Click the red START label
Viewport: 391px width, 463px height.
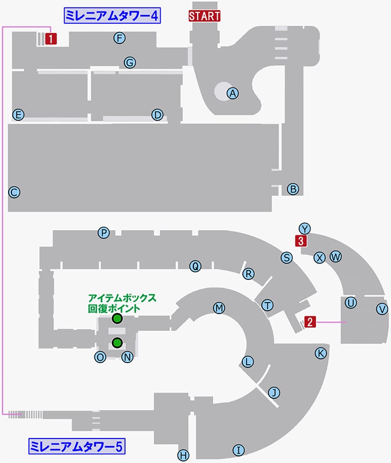(x=205, y=16)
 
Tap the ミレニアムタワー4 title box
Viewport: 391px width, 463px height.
(x=112, y=16)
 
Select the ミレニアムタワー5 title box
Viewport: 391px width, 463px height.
(x=77, y=446)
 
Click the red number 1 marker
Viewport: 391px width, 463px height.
(x=51, y=39)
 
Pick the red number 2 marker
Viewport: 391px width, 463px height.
(x=310, y=322)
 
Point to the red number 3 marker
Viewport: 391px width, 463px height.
(x=301, y=241)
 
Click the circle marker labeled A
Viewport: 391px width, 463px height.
(x=232, y=93)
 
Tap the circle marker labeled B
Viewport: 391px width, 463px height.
(x=293, y=189)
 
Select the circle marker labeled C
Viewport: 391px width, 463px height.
(x=14, y=192)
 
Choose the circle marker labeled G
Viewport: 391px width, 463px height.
(x=130, y=62)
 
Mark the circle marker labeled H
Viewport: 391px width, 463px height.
(x=183, y=455)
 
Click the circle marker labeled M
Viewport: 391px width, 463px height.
(x=219, y=308)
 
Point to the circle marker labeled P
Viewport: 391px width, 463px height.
(x=104, y=233)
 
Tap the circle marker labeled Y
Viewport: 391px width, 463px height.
(x=305, y=229)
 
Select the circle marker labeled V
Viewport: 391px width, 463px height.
(x=382, y=309)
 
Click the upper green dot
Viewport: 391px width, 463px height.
(x=117, y=318)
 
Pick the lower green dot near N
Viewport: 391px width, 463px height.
(x=117, y=343)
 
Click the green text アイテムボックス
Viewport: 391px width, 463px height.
(x=122, y=298)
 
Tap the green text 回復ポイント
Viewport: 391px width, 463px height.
(x=114, y=309)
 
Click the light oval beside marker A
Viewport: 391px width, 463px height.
(x=223, y=91)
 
